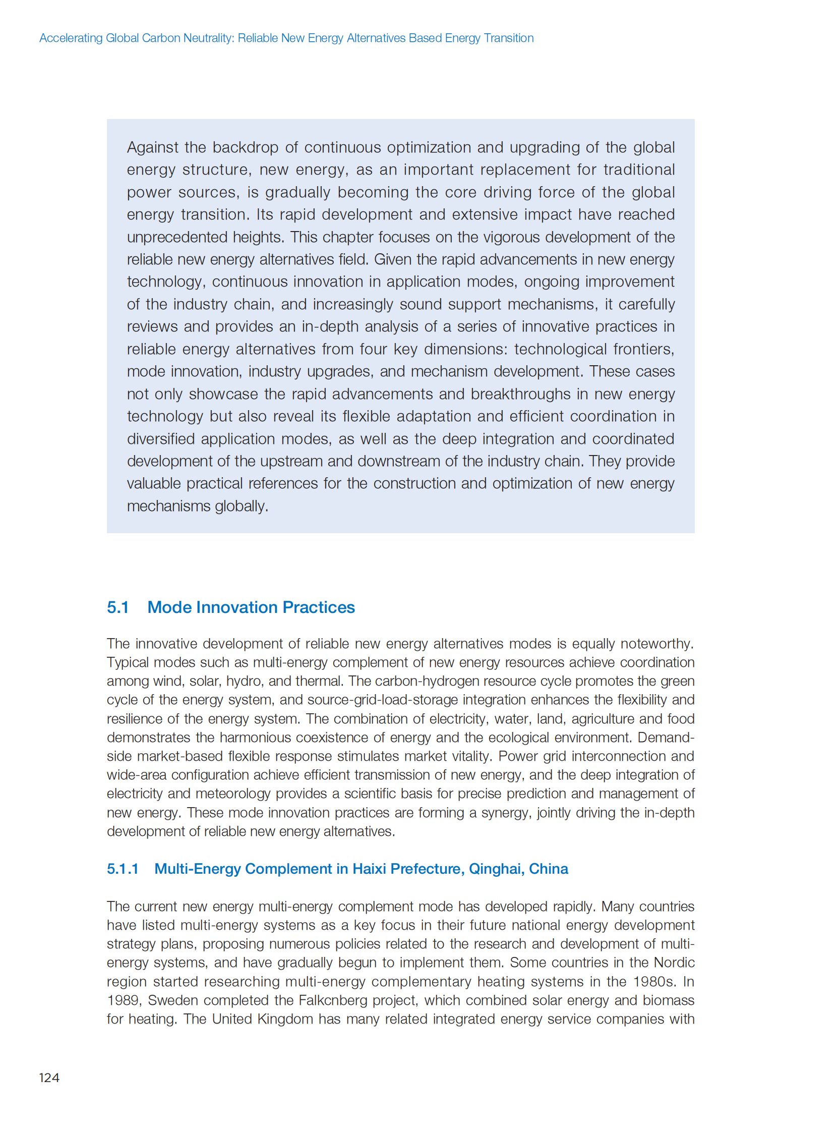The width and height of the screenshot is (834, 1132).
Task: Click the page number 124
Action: tap(49, 1078)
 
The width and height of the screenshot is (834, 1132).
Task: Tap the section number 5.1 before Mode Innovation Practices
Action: tap(117, 607)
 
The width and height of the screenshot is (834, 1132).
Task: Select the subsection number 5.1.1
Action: tap(122, 868)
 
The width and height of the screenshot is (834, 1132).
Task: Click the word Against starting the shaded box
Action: tap(152, 147)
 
